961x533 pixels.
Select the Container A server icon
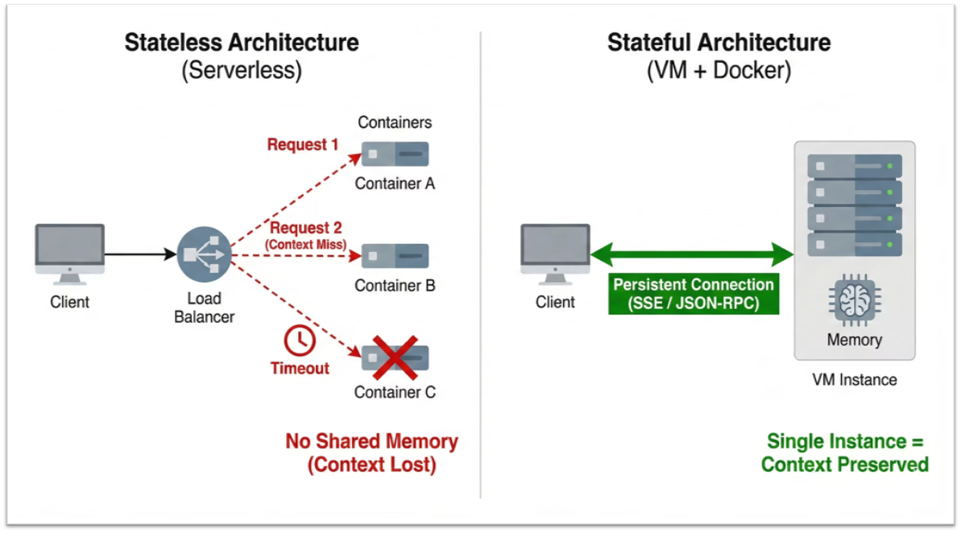click(x=395, y=154)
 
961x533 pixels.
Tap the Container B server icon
click(x=395, y=256)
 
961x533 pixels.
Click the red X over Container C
click(x=395, y=357)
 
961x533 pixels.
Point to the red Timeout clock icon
click(x=300, y=341)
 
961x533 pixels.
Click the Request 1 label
click(x=303, y=145)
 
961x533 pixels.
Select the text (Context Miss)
click(x=307, y=244)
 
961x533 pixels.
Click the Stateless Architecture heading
click(x=241, y=43)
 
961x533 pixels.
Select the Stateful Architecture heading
click(x=719, y=43)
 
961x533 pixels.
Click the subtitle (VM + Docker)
click(x=719, y=71)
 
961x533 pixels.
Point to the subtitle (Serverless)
click(x=241, y=71)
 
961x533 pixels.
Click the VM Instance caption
click(x=854, y=379)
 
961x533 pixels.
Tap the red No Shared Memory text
click(x=371, y=442)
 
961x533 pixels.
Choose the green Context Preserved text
click(x=844, y=465)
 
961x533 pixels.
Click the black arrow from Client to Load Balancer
click(x=140, y=254)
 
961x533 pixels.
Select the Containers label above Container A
click(x=395, y=122)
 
